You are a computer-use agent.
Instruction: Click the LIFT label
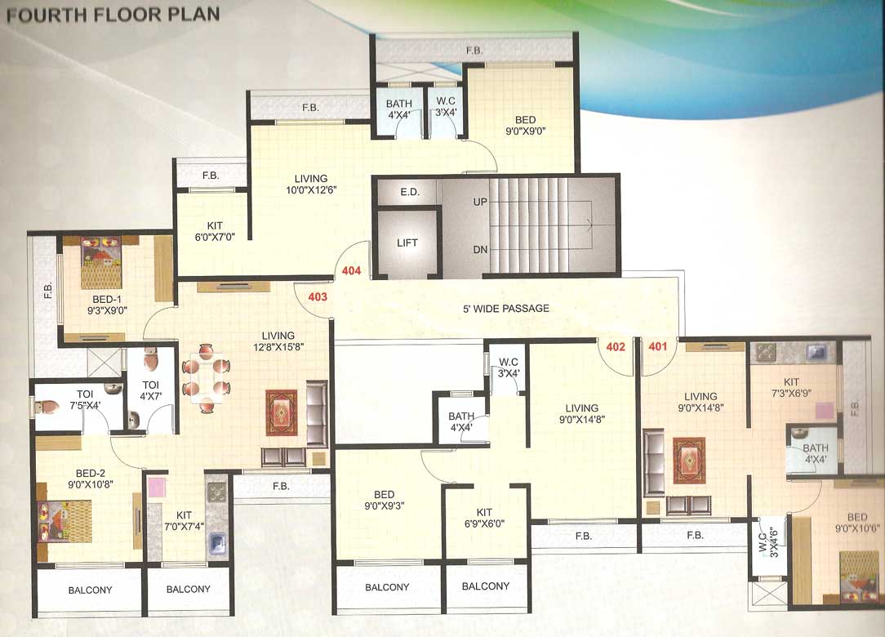(x=407, y=243)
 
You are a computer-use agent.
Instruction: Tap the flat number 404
(x=352, y=270)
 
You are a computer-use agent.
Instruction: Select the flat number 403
(x=318, y=297)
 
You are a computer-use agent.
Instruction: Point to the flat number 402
(x=616, y=346)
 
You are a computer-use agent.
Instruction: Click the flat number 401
(x=658, y=346)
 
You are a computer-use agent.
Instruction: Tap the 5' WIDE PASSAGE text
(x=502, y=309)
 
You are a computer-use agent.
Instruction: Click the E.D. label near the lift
(x=409, y=194)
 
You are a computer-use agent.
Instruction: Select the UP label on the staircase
(x=481, y=200)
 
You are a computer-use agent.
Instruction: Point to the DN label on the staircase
(x=481, y=249)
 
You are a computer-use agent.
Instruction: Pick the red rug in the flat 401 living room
(x=688, y=461)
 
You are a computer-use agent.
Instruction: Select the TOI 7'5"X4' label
(x=85, y=399)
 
